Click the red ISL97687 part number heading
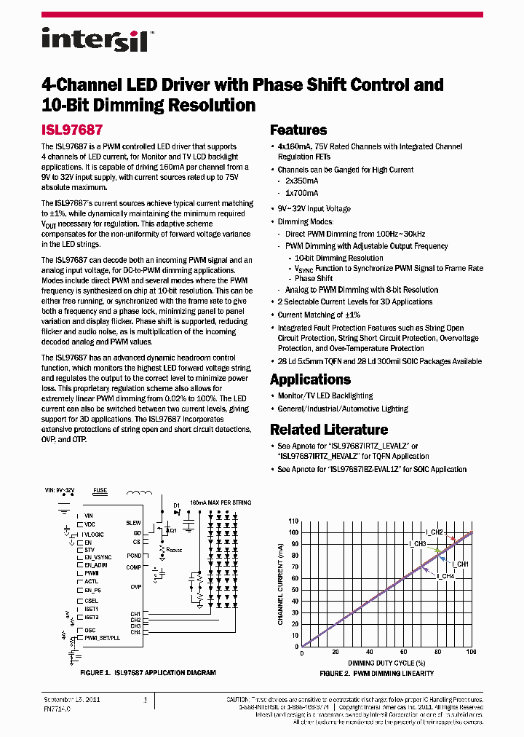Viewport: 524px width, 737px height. pyautogui.click(x=71, y=130)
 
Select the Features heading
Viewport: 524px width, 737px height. pyautogui.click(x=298, y=130)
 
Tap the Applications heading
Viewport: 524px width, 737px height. pyautogui.click(x=310, y=379)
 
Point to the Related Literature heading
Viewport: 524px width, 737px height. pyautogui.click(x=328, y=430)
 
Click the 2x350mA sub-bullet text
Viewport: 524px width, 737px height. pyautogui.click(x=301, y=181)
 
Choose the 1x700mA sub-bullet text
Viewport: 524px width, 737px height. pyautogui.click(x=301, y=193)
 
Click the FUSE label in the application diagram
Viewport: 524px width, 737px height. pyautogui.click(x=100, y=491)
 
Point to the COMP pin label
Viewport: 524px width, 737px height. pyautogui.click(x=135, y=567)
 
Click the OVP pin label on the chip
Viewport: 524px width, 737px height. pyautogui.click(x=135, y=586)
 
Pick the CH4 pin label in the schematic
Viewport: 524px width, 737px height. pyautogui.click(x=135, y=632)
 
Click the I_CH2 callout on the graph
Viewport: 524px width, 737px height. pyautogui.click(x=434, y=532)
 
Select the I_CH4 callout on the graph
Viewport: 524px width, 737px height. pyautogui.click(x=445, y=576)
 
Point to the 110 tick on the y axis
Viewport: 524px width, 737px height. pyautogui.click(x=294, y=521)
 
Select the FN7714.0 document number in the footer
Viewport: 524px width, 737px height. pyautogui.click(x=57, y=708)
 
